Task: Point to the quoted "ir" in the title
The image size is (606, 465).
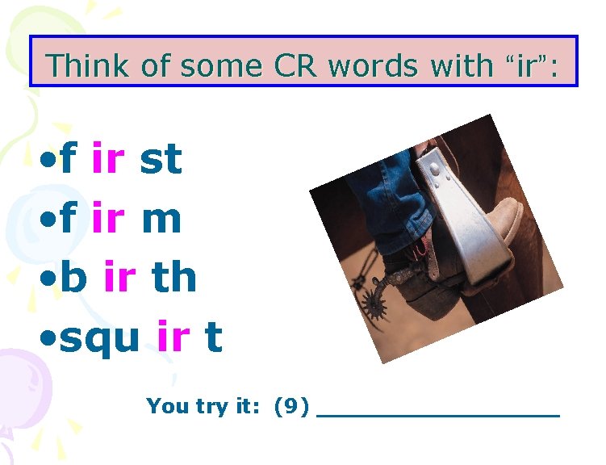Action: [x=525, y=65]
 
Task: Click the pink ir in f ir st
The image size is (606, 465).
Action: [x=108, y=158]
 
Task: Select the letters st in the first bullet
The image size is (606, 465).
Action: [x=161, y=158]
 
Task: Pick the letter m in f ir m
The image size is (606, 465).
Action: [x=161, y=218]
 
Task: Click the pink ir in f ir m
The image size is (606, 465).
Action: [x=108, y=218]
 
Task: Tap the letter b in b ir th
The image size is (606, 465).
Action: [x=73, y=277]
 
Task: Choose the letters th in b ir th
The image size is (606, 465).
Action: [x=173, y=277]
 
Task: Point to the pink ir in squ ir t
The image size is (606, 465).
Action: [x=173, y=337]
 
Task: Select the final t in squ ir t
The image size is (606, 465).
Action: [x=213, y=337]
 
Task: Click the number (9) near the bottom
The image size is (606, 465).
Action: [x=291, y=406]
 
